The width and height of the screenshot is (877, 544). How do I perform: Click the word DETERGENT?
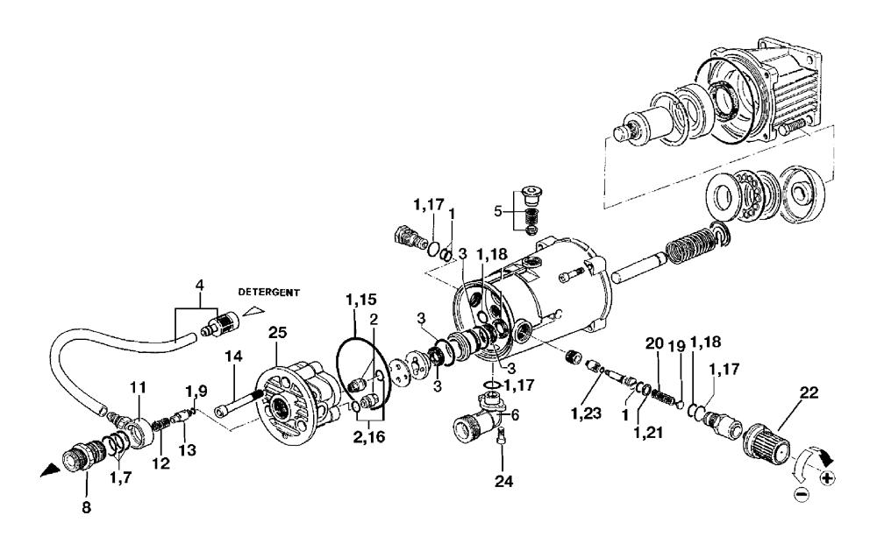269,292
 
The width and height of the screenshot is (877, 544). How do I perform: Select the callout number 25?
277,333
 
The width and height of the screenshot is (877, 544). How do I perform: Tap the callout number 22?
809,393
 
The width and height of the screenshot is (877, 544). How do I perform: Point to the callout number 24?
503,482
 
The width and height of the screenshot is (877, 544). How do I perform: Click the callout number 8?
86,508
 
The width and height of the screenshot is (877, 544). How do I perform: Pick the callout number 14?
234,356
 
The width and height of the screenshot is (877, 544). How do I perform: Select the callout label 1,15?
360,300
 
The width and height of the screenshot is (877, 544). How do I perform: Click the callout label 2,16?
370,436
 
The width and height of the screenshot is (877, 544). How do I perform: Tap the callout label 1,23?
586,413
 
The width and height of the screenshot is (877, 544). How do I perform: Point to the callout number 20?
654,343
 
